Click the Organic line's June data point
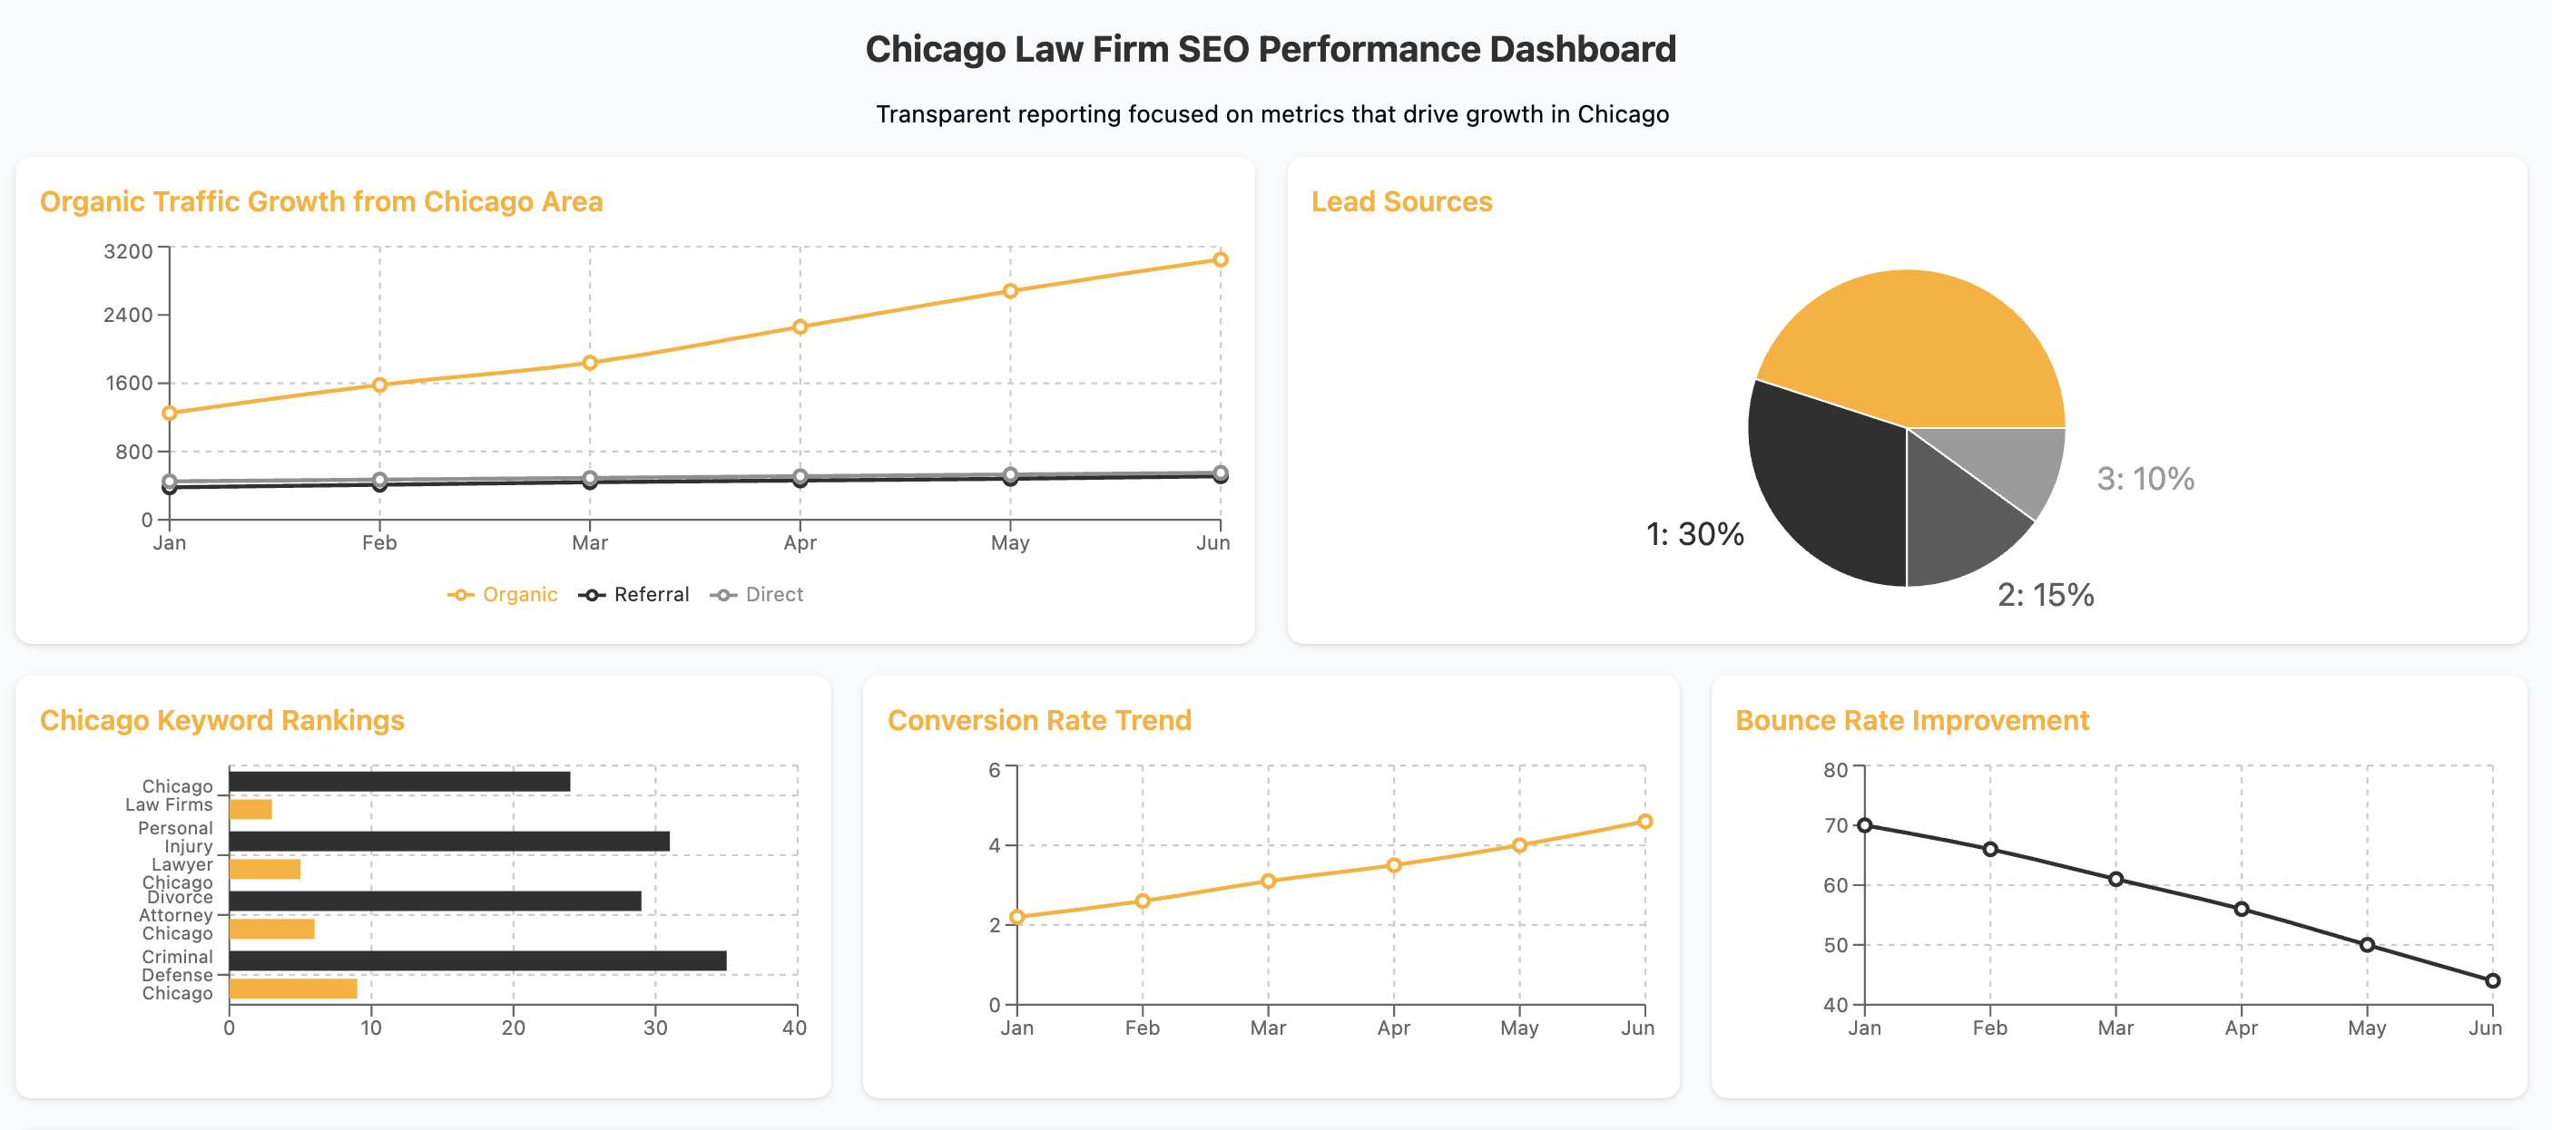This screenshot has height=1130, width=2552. (x=1220, y=259)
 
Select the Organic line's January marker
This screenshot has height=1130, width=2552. (x=170, y=413)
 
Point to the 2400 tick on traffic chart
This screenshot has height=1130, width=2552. (x=129, y=315)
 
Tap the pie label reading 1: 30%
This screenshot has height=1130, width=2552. (x=1694, y=535)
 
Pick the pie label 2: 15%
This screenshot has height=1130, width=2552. (x=2045, y=594)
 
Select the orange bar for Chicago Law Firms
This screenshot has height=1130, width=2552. (x=250, y=809)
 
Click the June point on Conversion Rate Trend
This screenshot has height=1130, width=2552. (x=1644, y=821)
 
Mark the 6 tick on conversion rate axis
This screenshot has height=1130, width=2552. (x=994, y=770)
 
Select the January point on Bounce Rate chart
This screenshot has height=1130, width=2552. (x=1864, y=825)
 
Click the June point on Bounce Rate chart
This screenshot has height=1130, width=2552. (x=2493, y=980)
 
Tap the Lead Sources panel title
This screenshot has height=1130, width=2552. (x=1401, y=202)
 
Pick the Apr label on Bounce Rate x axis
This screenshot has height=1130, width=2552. (x=2241, y=1028)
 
